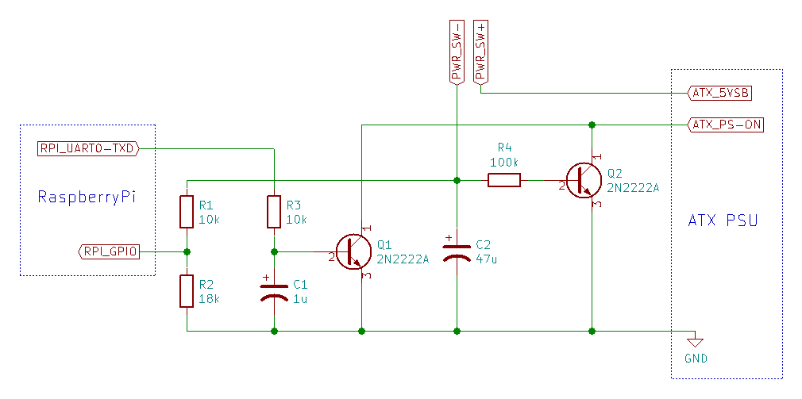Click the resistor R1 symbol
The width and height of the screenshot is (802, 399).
coord(187,212)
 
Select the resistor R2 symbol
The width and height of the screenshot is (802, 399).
coord(187,291)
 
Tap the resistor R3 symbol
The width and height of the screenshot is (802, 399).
coord(274,212)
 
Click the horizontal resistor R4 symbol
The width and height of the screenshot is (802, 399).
coord(504,180)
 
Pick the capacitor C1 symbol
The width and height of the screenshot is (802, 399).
coord(274,290)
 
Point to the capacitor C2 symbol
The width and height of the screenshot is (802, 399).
coord(457,251)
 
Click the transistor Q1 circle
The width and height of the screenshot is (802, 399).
coord(352,251)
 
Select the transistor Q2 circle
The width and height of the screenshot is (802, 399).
coord(583,180)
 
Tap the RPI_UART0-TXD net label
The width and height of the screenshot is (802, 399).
coord(89,148)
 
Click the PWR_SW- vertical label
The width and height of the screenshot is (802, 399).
coord(457,51)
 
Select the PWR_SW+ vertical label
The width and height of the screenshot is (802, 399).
coord(480,51)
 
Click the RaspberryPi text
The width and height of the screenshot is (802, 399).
coord(87,196)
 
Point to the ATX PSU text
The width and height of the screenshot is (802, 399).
coord(723,220)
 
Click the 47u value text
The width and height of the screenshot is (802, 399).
coord(486,259)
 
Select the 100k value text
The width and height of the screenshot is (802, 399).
coord(504,163)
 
